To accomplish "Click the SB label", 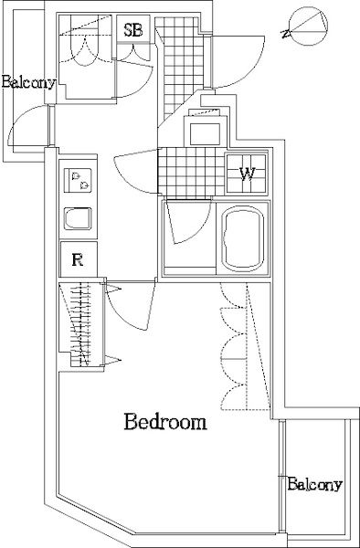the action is pos(133,30).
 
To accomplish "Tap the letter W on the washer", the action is pos(247,173).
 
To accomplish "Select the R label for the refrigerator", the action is pos(78,259).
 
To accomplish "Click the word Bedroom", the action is pos(165,422).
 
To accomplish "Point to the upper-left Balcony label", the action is pos(28,82).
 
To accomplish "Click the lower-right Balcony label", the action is pos(314,484).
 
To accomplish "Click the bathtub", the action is pos(242,238).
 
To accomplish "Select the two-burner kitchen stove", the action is pos(78,180).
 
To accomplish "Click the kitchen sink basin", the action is pos(78,219).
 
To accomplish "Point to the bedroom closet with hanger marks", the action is pos(81,324).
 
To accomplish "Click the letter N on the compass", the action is pos(286,34).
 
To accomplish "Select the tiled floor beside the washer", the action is pos(192,172).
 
